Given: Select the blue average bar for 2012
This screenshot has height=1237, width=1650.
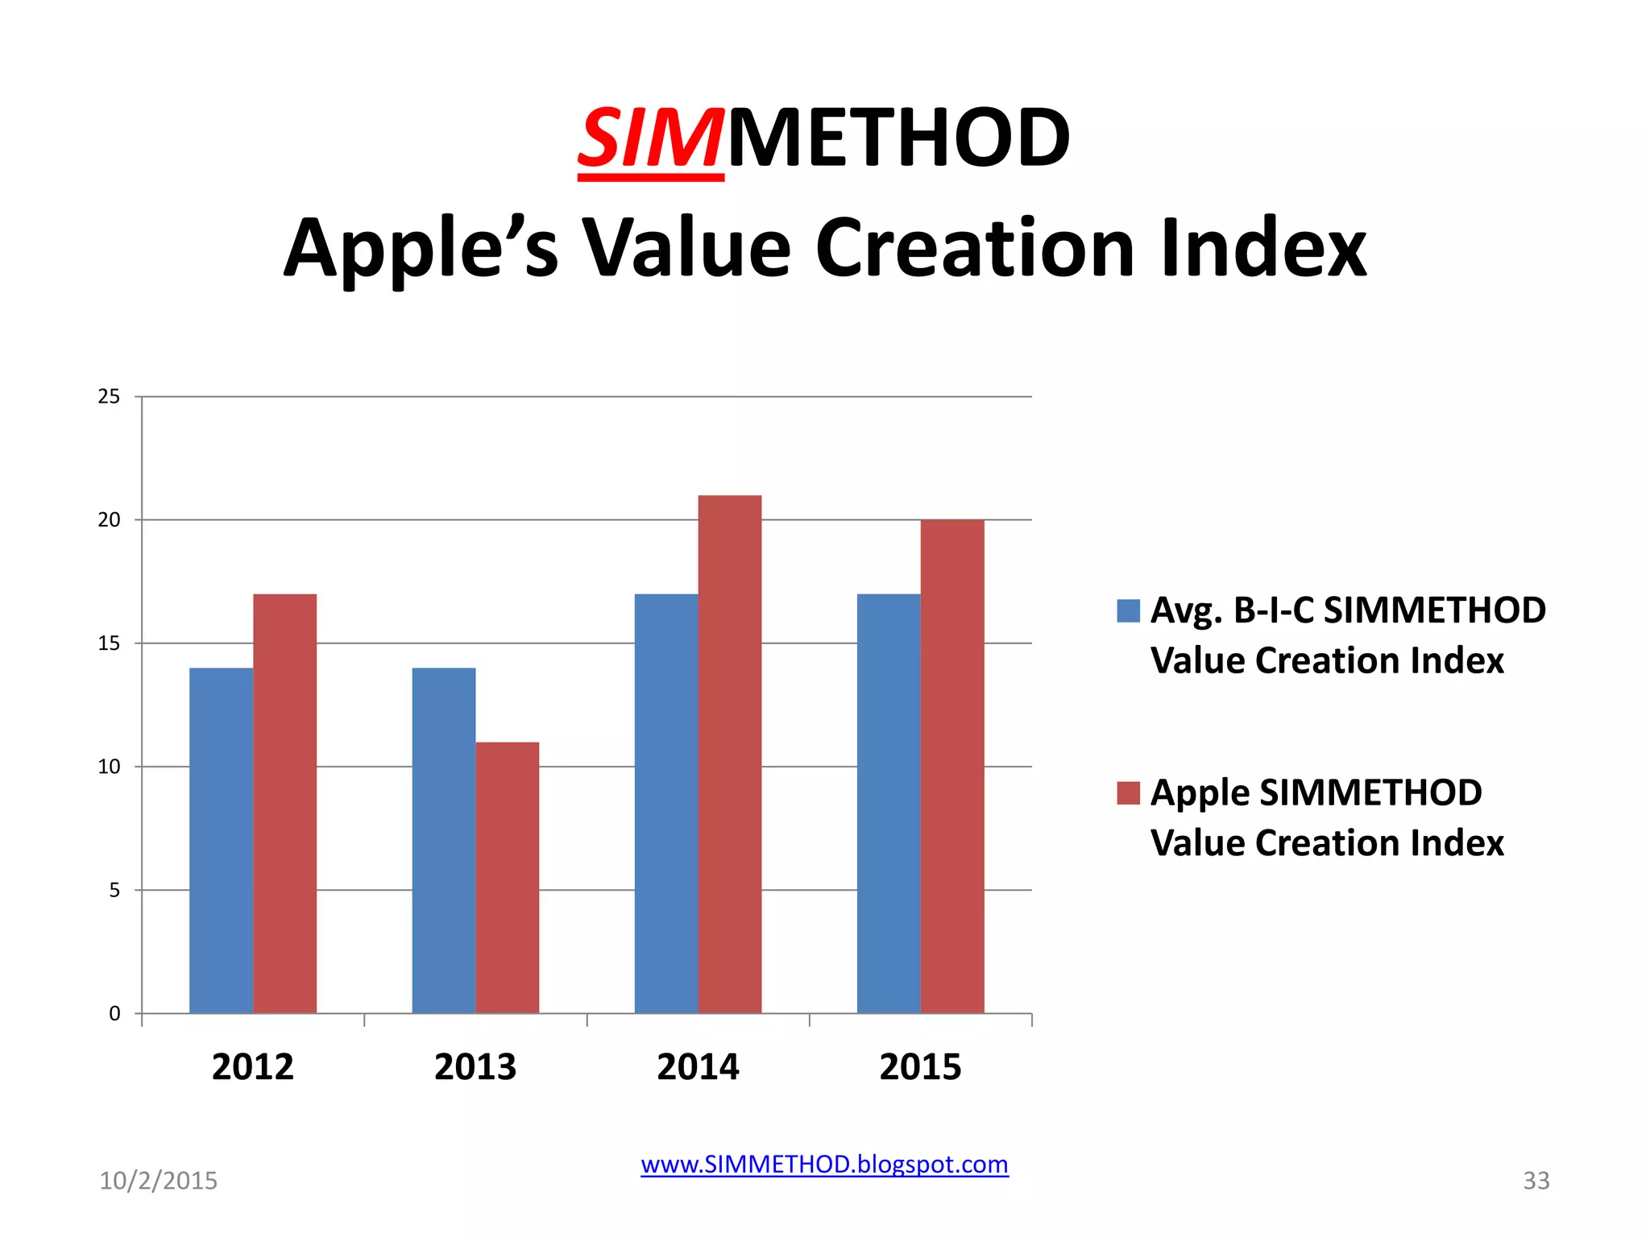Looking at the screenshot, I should (x=221, y=841).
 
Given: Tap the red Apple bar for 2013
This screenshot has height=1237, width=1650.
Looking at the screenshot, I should (x=507, y=878).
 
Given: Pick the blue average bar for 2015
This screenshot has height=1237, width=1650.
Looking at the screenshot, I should (x=888, y=804).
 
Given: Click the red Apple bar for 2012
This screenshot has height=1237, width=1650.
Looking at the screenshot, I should (x=284, y=804).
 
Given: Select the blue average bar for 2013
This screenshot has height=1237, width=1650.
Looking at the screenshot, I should (x=443, y=841).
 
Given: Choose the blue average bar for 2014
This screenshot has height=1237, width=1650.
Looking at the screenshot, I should (x=665, y=804).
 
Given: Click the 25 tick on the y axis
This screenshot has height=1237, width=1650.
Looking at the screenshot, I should (x=109, y=397).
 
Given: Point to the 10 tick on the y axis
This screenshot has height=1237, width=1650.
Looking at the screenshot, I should (x=109, y=767).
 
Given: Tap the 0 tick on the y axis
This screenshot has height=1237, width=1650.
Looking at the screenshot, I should (x=114, y=1014).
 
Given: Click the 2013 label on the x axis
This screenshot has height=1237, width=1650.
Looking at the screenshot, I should (x=475, y=1067).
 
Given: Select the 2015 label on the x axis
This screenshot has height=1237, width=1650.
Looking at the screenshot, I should (x=920, y=1067).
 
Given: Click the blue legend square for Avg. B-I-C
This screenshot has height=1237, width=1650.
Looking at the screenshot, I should (x=1128, y=611).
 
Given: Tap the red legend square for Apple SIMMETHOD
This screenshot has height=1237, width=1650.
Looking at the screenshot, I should (x=1128, y=793).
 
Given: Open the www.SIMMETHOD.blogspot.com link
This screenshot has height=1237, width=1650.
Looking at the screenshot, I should (x=824, y=1165).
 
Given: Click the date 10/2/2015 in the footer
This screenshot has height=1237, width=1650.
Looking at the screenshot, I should (x=158, y=1181).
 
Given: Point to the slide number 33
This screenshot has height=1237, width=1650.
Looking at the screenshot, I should (x=1536, y=1181).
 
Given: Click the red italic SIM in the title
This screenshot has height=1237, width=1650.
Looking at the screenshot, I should (x=649, y=139).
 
